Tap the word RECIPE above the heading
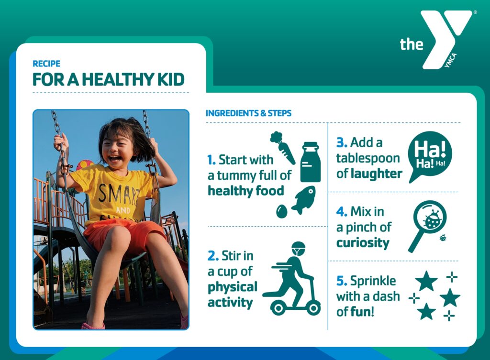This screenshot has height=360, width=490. pyautogui.click(x=46, y=64)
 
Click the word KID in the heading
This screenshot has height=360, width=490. pyautogui.click(x=171, y=79)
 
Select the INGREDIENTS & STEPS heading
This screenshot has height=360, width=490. pyautogui.click(x=248, y=113)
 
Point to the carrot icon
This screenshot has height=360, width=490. pyautogui.click(x=282, y=148)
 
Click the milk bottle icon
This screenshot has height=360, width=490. pyautogui.click(x=310, y=162)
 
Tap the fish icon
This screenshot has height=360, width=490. pyautogui.click(x=304, y=200)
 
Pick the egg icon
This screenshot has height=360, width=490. pyautogui.click(x=281, y=211)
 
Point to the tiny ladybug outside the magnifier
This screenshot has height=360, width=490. pyautogui.click(x=443, y=238)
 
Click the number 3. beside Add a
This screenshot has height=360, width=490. pyautogui.click(x=342, y=142)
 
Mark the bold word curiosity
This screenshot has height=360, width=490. pyautogui.click(x=363, y=242)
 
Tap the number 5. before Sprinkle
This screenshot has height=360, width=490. pyautogui.click(x=342, y=281)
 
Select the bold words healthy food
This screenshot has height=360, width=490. pyautogui.click(x=246, y=191)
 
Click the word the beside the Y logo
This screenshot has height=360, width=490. pyautogui.click(x=412, y=44)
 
